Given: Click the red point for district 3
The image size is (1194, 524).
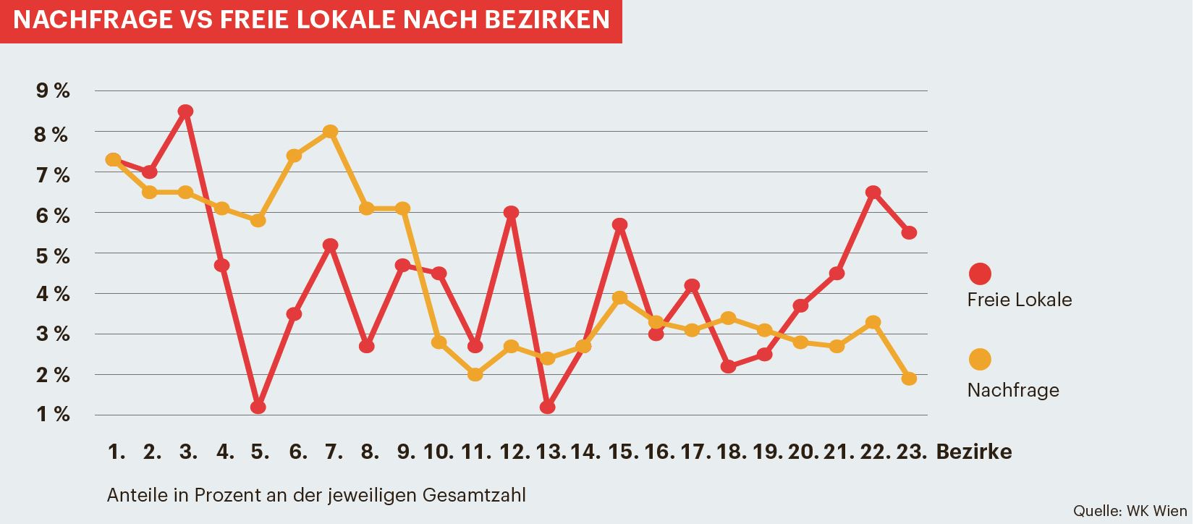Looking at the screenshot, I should pos(185,111).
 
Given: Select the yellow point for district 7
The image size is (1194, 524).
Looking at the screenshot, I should pos(331,132).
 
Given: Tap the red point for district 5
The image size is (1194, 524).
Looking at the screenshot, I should pos(258,407).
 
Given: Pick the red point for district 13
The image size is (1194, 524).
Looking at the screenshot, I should pos(547,407).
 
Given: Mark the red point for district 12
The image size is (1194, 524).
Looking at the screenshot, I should pos(511,213).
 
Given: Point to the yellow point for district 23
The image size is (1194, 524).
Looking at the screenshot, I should pos(909,379).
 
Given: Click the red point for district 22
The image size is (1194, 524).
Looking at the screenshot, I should pos(873,193).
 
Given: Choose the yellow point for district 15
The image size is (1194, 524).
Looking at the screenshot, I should pos(619,298).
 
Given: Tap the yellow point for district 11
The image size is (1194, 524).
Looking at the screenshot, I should pos(475,374).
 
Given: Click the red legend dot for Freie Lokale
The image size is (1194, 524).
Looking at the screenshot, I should pos(980,274).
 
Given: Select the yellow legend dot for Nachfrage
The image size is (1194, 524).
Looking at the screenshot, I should pos(980,359).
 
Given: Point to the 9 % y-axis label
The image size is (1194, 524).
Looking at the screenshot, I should pos(52,91).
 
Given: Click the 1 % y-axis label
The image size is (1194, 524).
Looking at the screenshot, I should pos(52,415).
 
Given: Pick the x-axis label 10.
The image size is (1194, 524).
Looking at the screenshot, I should pos(439,452).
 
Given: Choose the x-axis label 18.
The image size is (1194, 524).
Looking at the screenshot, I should pos(731,452).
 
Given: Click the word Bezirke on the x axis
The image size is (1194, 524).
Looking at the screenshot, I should pos(974,452).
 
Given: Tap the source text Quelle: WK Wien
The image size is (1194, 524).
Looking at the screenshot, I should pos(1130,510).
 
